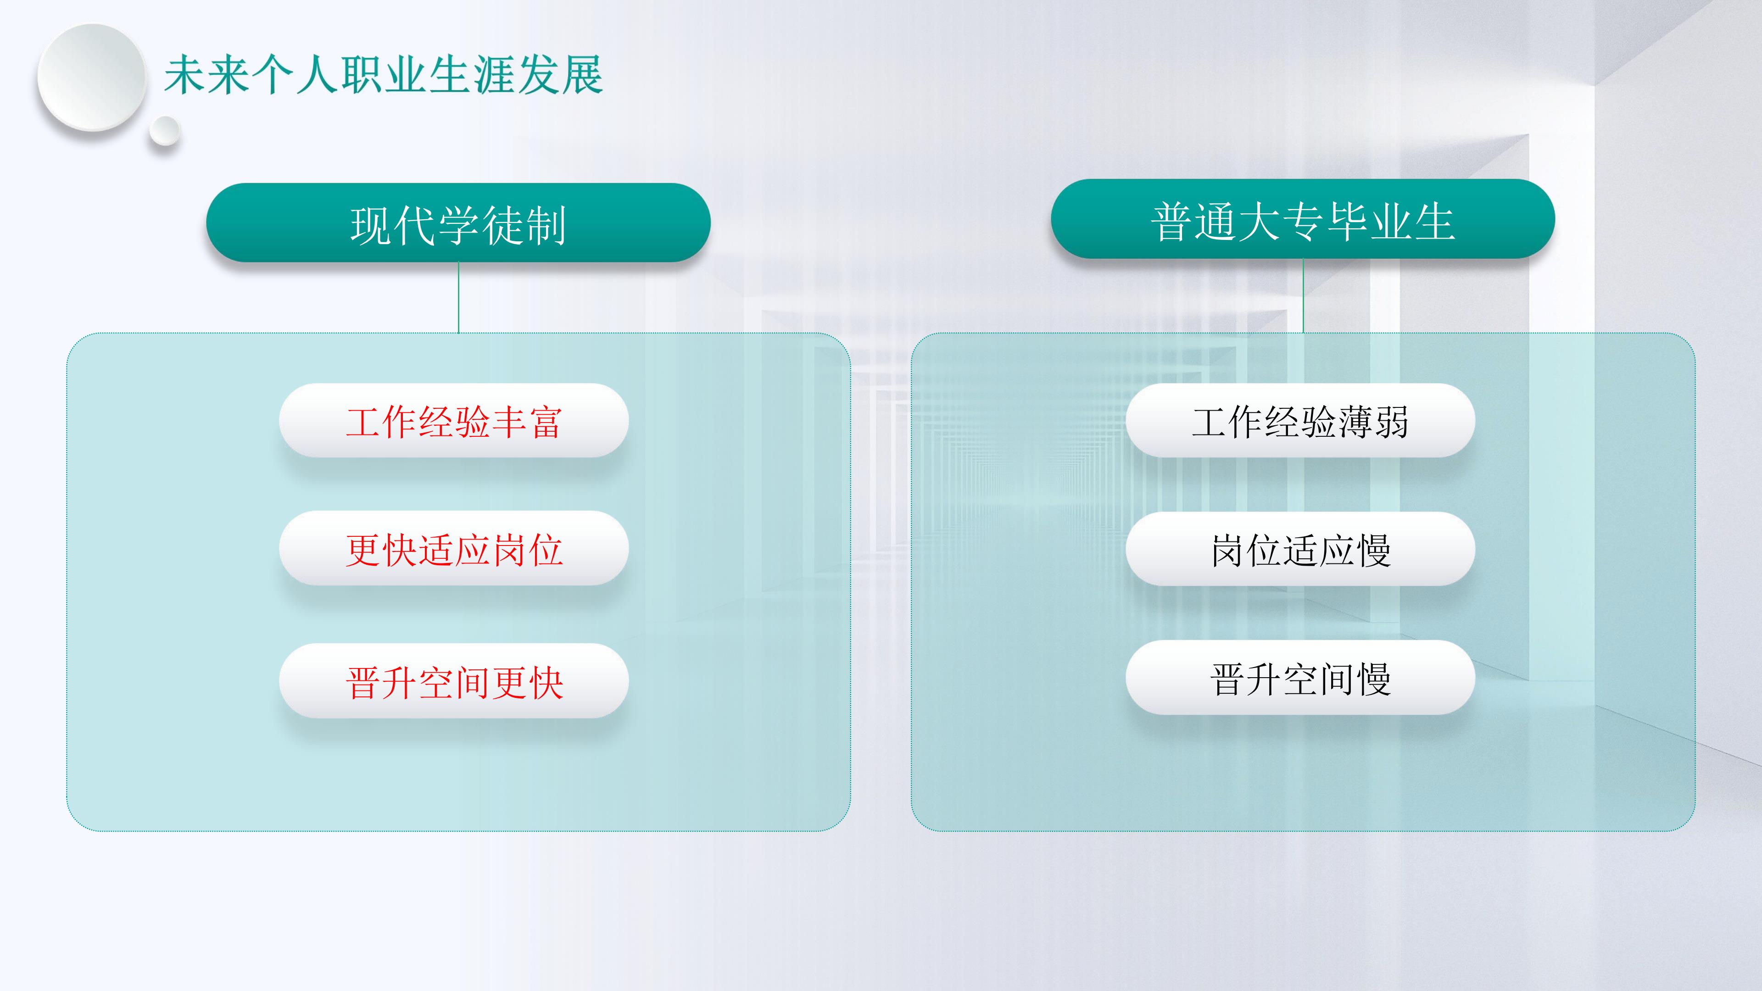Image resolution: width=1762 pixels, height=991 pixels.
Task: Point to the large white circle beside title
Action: click(x=92, y=77)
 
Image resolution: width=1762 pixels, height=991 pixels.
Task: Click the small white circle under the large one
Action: click(x=164, y=131)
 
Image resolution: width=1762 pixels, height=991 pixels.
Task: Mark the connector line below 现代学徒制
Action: click(x=458, y=297)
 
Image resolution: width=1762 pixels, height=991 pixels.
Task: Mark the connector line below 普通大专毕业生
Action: click(x=1303, y=296)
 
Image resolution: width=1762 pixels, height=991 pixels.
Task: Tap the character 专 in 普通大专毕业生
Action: click(x=1303, y=222)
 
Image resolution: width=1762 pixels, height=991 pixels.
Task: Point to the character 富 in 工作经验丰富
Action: click(x=545, y=421)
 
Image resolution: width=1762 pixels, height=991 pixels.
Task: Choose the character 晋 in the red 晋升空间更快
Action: click(x=363, y=682)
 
